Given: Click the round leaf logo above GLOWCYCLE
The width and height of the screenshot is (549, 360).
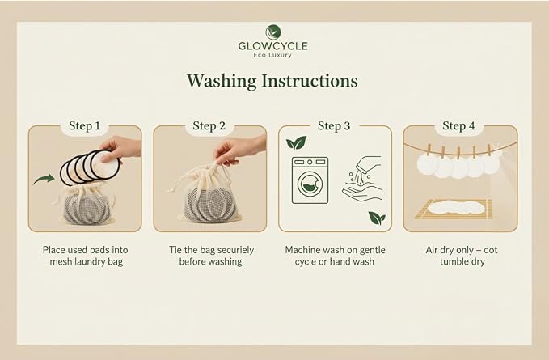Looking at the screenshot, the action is coord(273,32).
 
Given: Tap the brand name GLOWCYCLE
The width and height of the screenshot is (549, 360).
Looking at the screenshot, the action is coord(273,46).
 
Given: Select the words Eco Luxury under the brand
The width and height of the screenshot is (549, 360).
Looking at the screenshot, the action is coord(272,55).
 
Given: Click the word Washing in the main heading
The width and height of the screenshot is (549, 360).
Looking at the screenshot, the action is coord(222,81).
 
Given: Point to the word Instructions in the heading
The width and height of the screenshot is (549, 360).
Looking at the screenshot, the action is coord(310,81).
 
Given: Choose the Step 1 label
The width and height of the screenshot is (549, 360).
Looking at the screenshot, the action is coord(84,125).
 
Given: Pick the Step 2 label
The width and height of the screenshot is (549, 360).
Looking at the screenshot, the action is coord(209,125).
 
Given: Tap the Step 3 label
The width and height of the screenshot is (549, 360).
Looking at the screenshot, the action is coord(334,125).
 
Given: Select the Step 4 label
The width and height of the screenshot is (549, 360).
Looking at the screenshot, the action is coord(458,125).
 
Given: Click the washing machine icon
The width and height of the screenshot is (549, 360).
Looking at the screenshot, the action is coord(310,180).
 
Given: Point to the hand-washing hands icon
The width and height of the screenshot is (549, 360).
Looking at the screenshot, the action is coord(362,179).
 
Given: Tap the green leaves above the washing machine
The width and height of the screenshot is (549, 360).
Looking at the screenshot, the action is coord(296,142).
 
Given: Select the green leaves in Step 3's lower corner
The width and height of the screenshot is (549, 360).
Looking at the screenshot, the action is coord(377,218).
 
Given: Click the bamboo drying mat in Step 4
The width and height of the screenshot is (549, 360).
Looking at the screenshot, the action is coord(454,210).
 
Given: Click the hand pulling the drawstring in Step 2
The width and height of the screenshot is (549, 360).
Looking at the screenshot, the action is coord(239,150).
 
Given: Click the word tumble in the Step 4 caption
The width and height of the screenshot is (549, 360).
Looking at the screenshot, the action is coord(454,261).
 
